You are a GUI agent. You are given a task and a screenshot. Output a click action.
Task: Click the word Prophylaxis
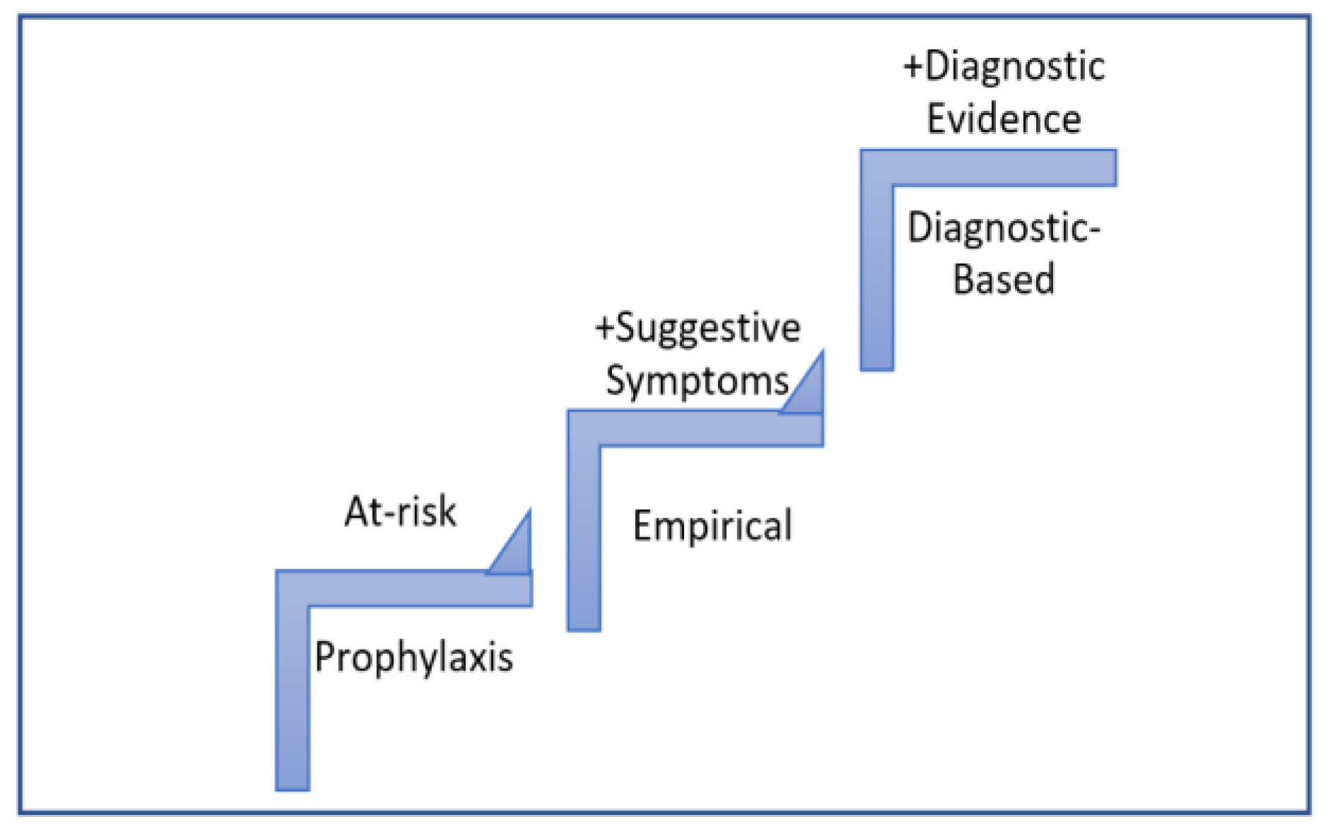(x=414, y=657)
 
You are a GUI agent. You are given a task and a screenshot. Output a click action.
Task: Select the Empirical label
(x=712, y=525)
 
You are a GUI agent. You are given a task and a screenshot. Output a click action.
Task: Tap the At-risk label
(x=400, y=511)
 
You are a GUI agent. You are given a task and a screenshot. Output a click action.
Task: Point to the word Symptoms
(x=697, y=381)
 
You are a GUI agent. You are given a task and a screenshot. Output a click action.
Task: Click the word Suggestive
(x=708, y=328)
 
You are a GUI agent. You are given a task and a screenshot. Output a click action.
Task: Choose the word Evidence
(x=1004, y=118)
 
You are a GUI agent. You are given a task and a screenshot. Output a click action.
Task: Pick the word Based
(x=1004, y=278)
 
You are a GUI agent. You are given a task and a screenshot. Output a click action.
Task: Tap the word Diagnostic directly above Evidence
(x=1014, y=66)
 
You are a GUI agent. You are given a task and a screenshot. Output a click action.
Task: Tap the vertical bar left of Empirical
(x=584, y=537)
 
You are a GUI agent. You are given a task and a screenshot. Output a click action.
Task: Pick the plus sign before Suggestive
(x=605, y=328)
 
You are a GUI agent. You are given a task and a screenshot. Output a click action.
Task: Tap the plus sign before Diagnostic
(x=913, y=67)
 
